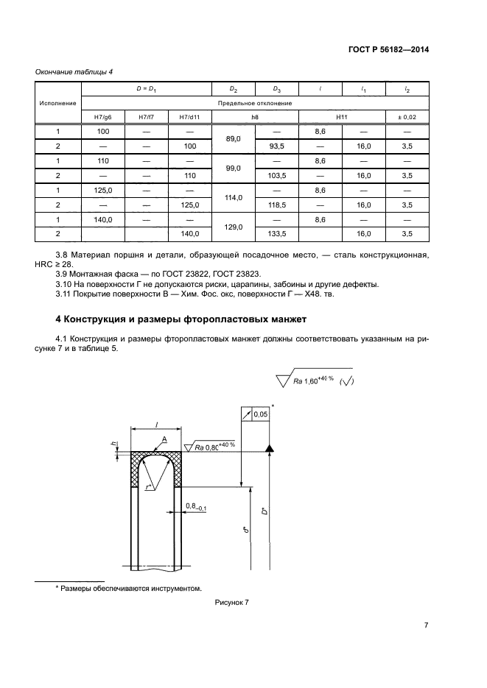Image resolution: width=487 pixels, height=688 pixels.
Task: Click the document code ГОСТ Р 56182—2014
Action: pyautogui.click(x=388, y=49)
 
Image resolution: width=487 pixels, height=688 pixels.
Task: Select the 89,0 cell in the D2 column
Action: pyautogui.click(x=234, y=138)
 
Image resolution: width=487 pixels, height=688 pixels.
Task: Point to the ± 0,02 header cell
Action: pyautogui.click(x=407, y=117)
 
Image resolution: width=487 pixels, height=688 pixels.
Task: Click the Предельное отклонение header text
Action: pyautogui.click(x=255, y=103)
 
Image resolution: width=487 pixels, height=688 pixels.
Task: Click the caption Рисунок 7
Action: pyautogui.click(x=232, y=603)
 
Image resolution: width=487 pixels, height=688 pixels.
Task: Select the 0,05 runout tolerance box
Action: pyautogui.click(x=260, y=415)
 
